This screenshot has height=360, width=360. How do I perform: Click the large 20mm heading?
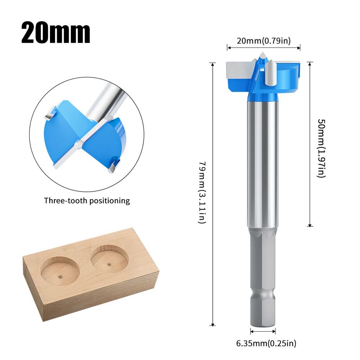(x=56, y=33)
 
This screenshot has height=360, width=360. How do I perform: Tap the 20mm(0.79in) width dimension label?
(x=264, y=41)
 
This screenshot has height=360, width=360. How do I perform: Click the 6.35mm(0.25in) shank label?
(x=266, y=343)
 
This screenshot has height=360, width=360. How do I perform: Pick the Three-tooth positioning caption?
(x=87, y=201)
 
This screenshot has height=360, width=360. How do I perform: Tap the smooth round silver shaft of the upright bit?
(x=263, y=162)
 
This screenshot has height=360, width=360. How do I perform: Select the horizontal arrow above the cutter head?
(x=264, y=46)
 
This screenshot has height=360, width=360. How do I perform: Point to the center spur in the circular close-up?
(x=78, y=145)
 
